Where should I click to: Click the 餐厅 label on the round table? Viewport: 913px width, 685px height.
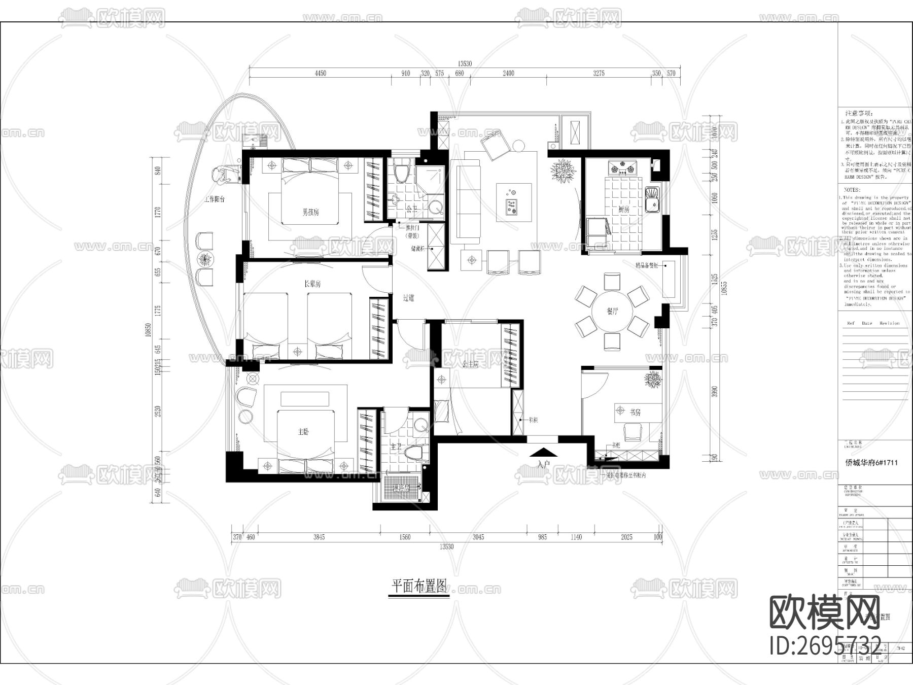(x=612, y=311)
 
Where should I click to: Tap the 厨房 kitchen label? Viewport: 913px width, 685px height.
(x=623, y=209)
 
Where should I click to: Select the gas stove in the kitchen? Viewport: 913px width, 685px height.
(x=622, y=167)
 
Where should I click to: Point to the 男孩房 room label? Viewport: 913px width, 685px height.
(x=310, y=212)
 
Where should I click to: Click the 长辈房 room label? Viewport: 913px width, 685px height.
(x=312, y=284)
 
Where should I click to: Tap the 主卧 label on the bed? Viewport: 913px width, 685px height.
(x=303, y=432)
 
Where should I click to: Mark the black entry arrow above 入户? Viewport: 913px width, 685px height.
(x=543, y=452)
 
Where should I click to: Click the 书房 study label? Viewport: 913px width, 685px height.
(x=635, y=413)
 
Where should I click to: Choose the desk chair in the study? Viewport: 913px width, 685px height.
(x=632, y=433)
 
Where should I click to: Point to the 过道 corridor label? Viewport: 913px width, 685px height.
(x=408, y=298)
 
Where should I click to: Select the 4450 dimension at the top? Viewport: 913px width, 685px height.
(x=320, y=73)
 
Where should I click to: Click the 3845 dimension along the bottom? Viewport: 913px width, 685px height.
(x=319, y=537)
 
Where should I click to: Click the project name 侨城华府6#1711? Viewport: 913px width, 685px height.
(x=870, y=463)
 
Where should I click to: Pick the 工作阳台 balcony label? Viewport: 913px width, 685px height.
(x=214, y=199)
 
